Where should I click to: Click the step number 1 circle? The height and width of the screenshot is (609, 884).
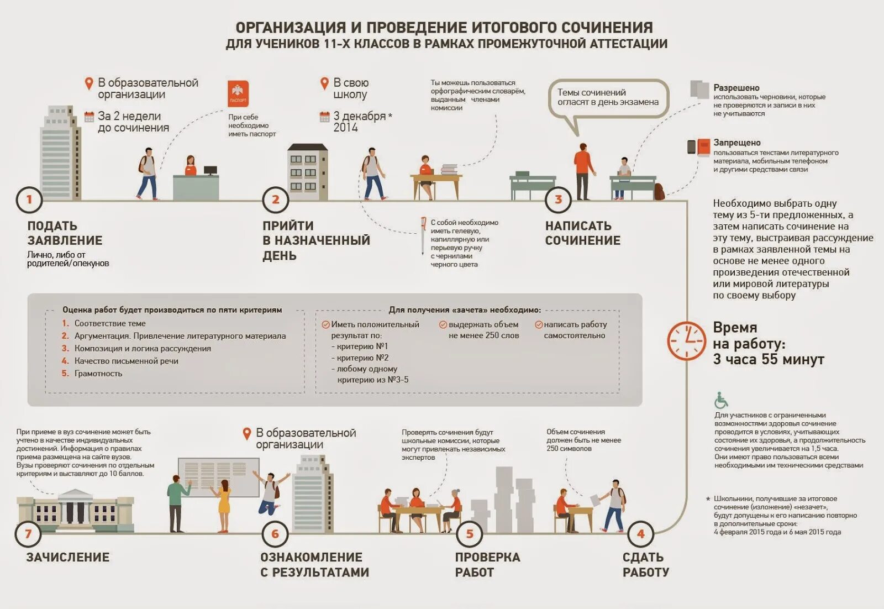29,200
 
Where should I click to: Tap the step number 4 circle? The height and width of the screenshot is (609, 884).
640,534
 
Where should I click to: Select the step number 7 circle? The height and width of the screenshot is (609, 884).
28,534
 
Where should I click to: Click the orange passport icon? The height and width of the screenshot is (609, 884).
238,94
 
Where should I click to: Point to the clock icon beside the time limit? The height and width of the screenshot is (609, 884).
686,342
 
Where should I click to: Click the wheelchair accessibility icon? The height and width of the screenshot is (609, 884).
721,401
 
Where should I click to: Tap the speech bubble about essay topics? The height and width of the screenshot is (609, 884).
608,98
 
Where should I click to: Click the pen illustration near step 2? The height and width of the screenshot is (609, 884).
423,234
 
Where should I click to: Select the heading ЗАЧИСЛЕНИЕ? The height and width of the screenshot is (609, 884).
68,557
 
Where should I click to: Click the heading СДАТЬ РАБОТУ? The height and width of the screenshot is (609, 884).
645,565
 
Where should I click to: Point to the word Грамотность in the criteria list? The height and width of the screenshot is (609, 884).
98,374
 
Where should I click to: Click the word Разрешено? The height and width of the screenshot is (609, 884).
736,88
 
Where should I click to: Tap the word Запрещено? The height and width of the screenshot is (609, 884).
736,143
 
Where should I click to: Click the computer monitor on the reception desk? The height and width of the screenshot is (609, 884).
211,171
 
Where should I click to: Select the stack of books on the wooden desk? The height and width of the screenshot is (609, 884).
449,169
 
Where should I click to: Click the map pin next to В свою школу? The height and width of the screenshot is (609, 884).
325,83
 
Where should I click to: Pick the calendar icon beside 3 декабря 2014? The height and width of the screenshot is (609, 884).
325,117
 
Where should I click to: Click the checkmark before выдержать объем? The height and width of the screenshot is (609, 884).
443,325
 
